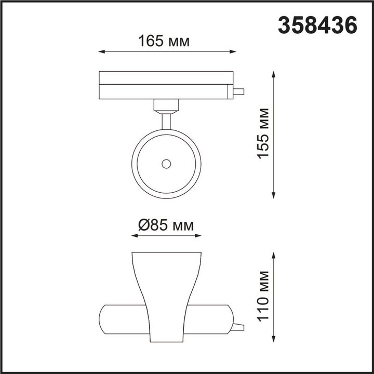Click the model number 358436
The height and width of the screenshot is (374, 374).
tap(317, 25)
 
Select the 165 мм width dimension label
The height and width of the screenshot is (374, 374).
tap(164, 41)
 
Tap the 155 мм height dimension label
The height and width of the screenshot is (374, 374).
tap(264, 133)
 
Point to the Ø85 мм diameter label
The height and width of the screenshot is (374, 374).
tap(166, 225)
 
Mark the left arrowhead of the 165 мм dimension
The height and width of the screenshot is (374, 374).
tap(101, 51)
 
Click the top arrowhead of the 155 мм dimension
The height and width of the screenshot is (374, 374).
tap(274, 74)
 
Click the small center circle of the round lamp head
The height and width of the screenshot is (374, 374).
tap(166, 164)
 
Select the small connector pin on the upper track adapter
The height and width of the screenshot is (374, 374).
tap(238, 92)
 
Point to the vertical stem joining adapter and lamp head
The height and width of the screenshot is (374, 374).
tap(166, 121)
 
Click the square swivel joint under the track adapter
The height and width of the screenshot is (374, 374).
tap(166, 106)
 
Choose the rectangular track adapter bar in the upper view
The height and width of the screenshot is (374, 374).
tap(166, 85)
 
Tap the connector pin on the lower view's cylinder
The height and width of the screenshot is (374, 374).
tap(238, 327)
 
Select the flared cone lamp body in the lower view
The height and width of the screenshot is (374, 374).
tap(166, 291)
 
